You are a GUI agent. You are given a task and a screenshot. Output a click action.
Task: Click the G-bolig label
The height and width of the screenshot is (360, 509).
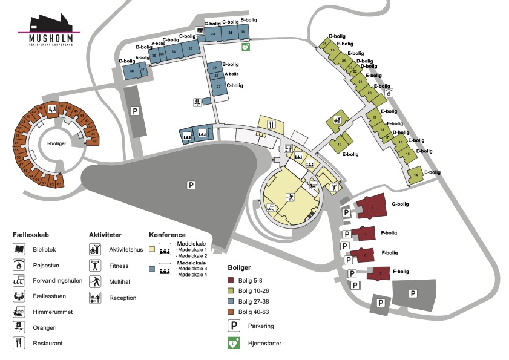pyautogui.click(x=401, y=205)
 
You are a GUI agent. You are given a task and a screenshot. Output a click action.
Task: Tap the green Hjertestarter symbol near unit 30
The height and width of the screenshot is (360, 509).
pyautogui.click(x=245, y=47)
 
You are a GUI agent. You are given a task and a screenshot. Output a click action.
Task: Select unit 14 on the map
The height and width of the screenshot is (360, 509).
pyautogui.click(x=416, y=175)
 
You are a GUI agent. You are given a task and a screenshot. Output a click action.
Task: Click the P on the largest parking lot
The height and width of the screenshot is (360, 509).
pyautogui.click(x=191, y=185)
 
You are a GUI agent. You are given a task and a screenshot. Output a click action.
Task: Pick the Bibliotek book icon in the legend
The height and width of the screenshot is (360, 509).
pyautogui.click(x=19, y=249)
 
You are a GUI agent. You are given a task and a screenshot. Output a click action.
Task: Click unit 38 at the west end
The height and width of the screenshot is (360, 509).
pyautogui.click(x=131, y=71)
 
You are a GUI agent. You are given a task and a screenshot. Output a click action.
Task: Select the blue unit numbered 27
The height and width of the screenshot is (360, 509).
pyautogui.click(x=218, y=87)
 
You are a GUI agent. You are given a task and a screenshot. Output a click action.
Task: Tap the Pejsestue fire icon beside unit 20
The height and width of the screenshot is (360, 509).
pyautogui.click(x=389, y=93)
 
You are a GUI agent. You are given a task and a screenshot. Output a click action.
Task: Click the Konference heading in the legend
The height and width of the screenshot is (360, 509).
pyautogui.click(x=166, y=234)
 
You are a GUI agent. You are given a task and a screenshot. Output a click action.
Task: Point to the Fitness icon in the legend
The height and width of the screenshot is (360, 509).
pyautogui.click(x=94, y=265)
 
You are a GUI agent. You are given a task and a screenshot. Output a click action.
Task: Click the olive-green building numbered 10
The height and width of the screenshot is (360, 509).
pyautogui.click(x=340, y=144)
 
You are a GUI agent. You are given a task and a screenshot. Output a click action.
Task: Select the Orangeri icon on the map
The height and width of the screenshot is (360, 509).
pyautogui.click(x=197, y=102)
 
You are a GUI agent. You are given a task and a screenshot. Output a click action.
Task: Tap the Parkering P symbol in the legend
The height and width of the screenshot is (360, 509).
pyautogui.click(x=233, y=326)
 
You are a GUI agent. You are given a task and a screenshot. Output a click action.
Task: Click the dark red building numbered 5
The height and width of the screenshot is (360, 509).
pyautogui.click(x=379, y=273)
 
